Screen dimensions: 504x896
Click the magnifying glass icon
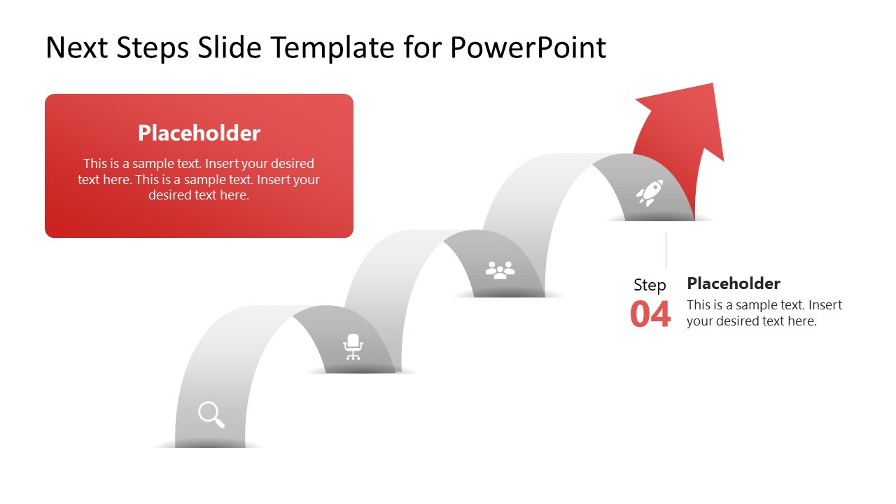[211, 414]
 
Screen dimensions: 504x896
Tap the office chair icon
[353, 346]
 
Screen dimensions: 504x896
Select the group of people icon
[500, 270]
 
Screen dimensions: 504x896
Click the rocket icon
[650, 192]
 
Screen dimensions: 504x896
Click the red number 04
[650, 314]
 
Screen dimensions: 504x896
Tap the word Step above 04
[650, 285]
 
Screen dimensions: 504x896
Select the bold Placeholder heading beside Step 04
[734, 283]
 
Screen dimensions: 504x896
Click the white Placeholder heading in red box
[199, 133]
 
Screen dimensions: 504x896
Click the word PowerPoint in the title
[528, 48]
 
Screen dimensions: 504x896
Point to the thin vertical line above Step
[666, 251]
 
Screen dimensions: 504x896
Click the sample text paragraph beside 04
[764, 313]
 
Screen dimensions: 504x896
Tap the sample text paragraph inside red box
[199, 179]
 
